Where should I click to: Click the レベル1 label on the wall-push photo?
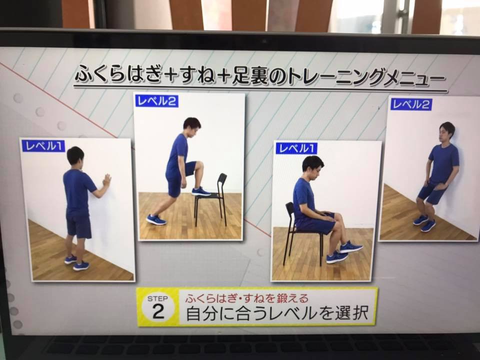43,145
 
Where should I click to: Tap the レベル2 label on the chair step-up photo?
156,101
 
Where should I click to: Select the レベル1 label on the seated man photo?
296,148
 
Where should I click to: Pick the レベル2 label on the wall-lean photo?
411,104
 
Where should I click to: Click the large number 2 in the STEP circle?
158,312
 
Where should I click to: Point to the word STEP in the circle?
157,298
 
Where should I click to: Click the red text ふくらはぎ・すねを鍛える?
246,298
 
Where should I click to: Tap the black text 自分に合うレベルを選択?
277,313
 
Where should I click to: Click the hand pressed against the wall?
107,180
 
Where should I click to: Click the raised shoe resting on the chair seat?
201,191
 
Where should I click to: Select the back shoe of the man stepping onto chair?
156,219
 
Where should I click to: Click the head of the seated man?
313,167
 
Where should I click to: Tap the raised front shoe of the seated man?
351,246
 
